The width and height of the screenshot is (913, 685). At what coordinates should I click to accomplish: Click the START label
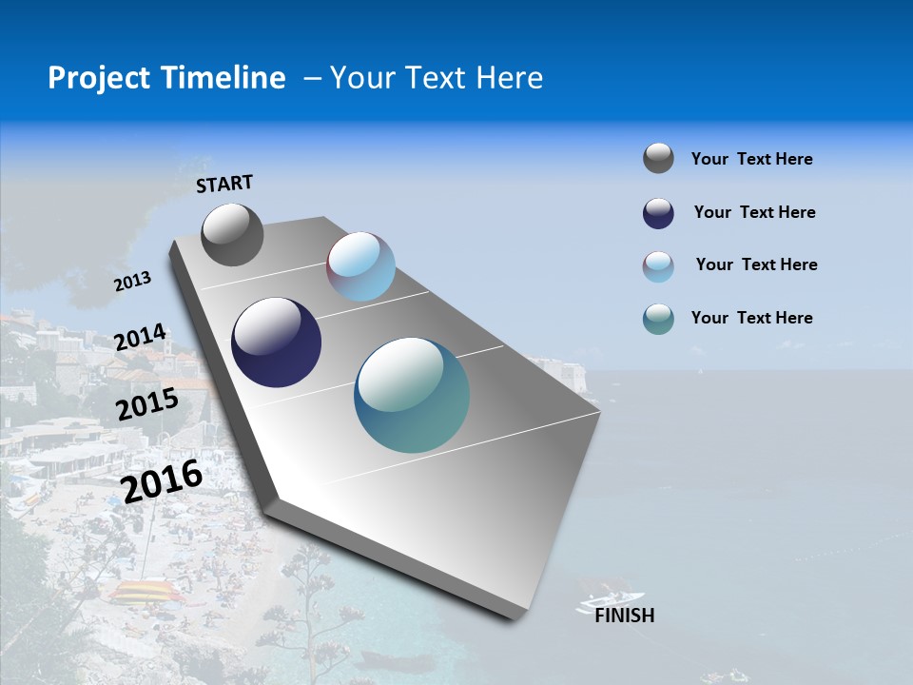tap(224, 184)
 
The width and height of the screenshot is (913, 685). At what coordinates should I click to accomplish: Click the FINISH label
tap(625, 616)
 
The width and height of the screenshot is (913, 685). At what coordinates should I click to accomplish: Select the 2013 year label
tap(132, 282)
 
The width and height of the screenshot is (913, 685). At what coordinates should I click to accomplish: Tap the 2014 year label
tap(140, 338)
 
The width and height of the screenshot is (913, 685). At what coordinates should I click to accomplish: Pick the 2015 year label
tap(147, 404)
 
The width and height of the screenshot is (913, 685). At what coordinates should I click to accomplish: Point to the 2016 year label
tap(163, 480)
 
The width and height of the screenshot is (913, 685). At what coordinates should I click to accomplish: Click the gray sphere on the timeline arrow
tap(232, 234)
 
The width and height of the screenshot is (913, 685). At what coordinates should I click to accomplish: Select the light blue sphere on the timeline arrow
tap(360, 266)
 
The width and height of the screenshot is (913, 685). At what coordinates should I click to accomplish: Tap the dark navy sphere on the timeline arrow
tap(276, 342)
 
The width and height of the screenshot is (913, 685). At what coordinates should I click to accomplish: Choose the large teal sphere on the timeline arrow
tap(412, 395)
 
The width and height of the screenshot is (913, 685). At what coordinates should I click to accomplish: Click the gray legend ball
tap(658, 159)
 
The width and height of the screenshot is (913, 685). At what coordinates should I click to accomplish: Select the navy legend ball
tap(658, 213)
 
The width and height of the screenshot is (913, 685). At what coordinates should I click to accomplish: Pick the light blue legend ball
tap(658, 266)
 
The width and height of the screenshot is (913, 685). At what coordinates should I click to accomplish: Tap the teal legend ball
tap(658, 319)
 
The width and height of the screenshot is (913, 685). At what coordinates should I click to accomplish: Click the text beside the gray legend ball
tap(752, 159)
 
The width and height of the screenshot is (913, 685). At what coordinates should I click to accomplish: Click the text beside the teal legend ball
tap(752, 318)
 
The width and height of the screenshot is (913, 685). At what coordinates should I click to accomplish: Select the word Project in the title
tap(97, 78)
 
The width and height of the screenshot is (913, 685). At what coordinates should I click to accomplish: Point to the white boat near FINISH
tap(604, 599)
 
